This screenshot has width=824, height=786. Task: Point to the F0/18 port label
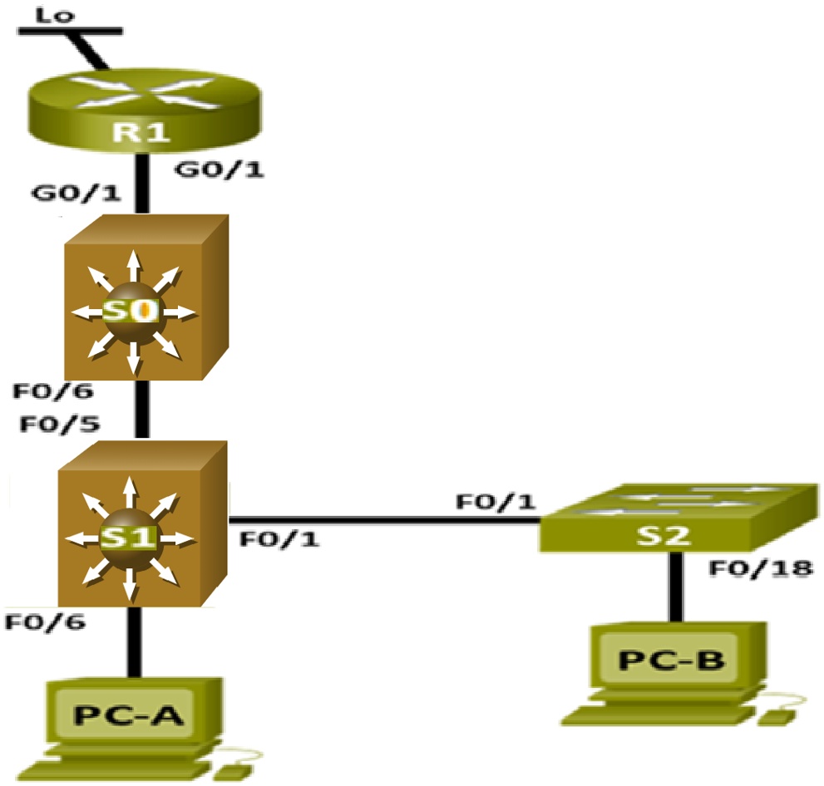pyautogui.click(x=760, y=569)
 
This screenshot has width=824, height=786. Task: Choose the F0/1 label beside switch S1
pyautogui.click(x=279, y=540)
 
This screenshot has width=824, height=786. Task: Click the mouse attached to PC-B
pyautogui.click(x=778, y=715)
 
